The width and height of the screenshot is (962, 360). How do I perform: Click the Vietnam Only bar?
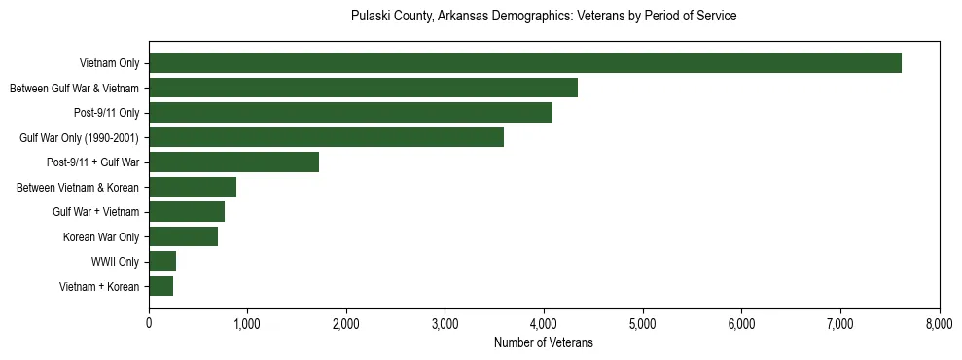[x=525, y=63]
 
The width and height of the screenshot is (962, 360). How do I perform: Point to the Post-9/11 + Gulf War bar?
[x=233, y=162]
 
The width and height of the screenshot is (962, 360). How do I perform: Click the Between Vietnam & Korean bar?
[x=193, y=187]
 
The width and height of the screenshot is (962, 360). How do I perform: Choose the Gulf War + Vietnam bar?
[x=187, y=212]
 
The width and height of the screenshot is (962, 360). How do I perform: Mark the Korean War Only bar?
[x=183, y=236]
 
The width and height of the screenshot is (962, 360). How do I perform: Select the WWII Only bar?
[x=162, y=262]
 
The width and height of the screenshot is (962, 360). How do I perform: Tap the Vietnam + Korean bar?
[x=160, y=286]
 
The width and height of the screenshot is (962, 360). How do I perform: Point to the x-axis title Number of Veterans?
[x=544, y=343]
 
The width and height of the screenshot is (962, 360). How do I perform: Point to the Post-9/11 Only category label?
[x=106, y=113]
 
